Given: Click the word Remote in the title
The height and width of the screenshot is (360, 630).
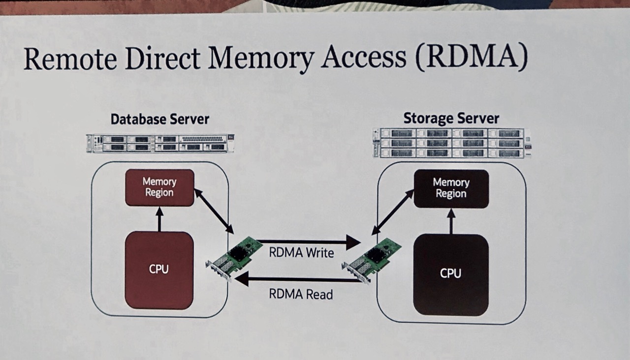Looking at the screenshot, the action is click(x=70, y=59).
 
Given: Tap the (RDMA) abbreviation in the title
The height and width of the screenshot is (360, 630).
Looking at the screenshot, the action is click(x=472, y=57).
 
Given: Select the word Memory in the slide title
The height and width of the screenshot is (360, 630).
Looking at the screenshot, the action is click(x=261, y=60).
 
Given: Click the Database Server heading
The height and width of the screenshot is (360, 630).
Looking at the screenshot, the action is click(x=160, y=119).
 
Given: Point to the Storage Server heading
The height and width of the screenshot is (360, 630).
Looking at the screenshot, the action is click(x=451, y=118).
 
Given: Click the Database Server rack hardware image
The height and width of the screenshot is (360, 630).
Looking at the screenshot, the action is click(x=160, y=143).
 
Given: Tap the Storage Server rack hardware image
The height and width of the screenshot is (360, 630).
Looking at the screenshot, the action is click(x=452, y=143).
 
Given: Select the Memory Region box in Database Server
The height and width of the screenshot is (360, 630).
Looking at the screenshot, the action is click(x=159, y=187).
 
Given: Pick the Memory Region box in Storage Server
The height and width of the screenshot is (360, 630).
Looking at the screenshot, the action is click(x=451, y=188).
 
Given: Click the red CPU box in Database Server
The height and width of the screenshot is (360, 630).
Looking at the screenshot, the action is click(x=159, y=270).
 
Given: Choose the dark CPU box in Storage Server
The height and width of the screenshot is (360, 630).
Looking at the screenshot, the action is click(x=451, y=275).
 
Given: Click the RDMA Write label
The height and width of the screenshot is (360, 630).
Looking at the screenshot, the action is click(x=302, y=253).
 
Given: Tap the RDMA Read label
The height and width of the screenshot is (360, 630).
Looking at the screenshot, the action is click(x=301, y=294).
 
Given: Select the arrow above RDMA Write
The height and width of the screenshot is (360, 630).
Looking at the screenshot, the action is click(x=308, y=242).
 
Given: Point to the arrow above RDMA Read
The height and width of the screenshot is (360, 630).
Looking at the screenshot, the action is click(x=298, y=280).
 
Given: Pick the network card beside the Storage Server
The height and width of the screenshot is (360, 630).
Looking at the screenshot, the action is click(x=371, y=261).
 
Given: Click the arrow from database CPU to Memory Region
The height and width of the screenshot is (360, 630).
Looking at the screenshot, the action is click(x=159, y=219).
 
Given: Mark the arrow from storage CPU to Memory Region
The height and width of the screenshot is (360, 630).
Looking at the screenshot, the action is click(x=451, y=221).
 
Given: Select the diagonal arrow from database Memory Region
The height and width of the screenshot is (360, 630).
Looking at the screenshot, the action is click(x=214, y=211).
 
